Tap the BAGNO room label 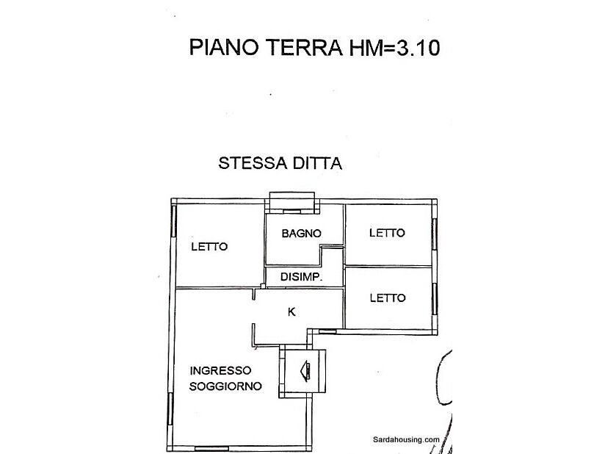pyautogui.click(x=302, y=234)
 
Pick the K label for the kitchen pyautogui.click(x=291, y=312)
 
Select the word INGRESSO pyautogui.click(x=220, y=371)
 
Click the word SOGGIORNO pyautogui.click(x=225, y=386)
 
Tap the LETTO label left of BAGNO pyautogui.click(x=209, y=247)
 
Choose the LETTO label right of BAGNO pyautogui.click(x=387, y=234)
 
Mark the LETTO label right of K pyautogui.click(x=387, y=298)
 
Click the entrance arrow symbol pyautogui.click(x=305, y=370)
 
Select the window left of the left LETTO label pyautogui.click(x=173, y=220)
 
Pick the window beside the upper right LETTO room pyautogui.click(x=435, y=234)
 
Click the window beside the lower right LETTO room pyautogui.click(x=435, y=298)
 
